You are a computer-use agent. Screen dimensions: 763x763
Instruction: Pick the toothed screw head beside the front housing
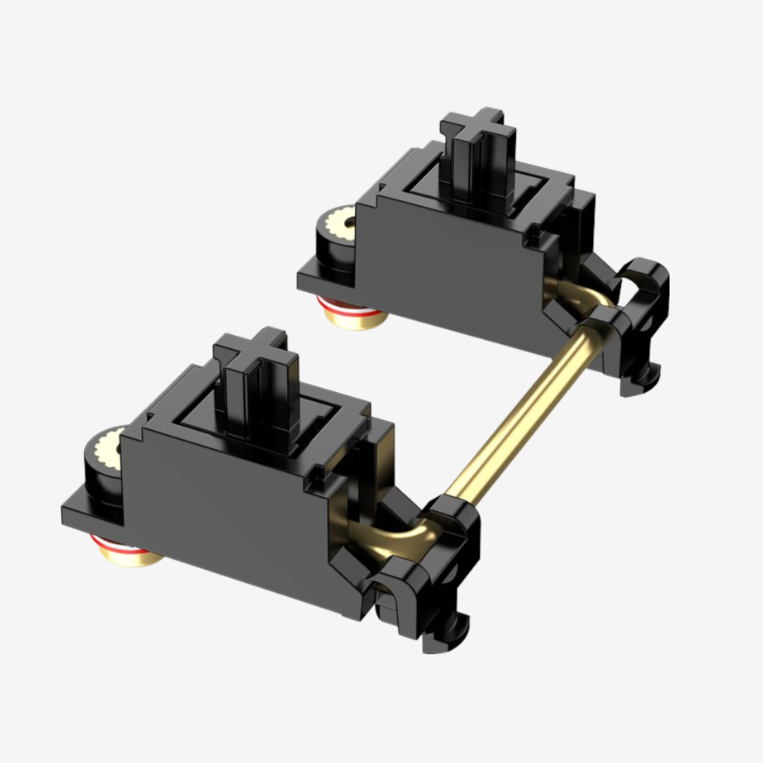(x=108, y=448)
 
